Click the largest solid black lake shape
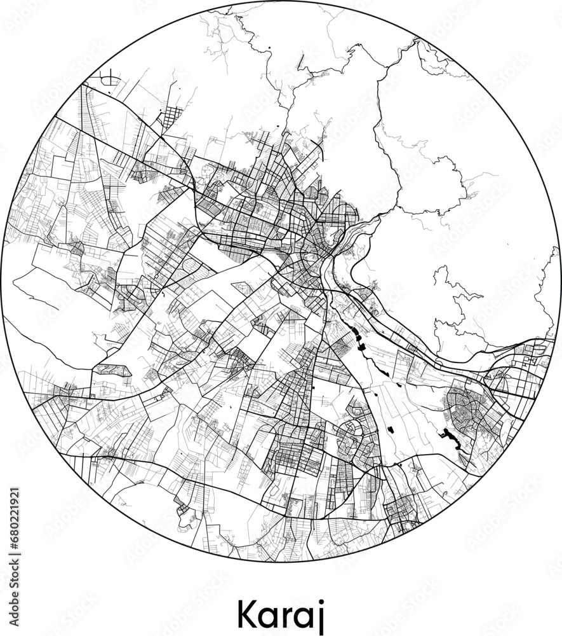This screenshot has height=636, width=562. (450, 438)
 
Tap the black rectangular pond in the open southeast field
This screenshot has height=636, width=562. (391, 430)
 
